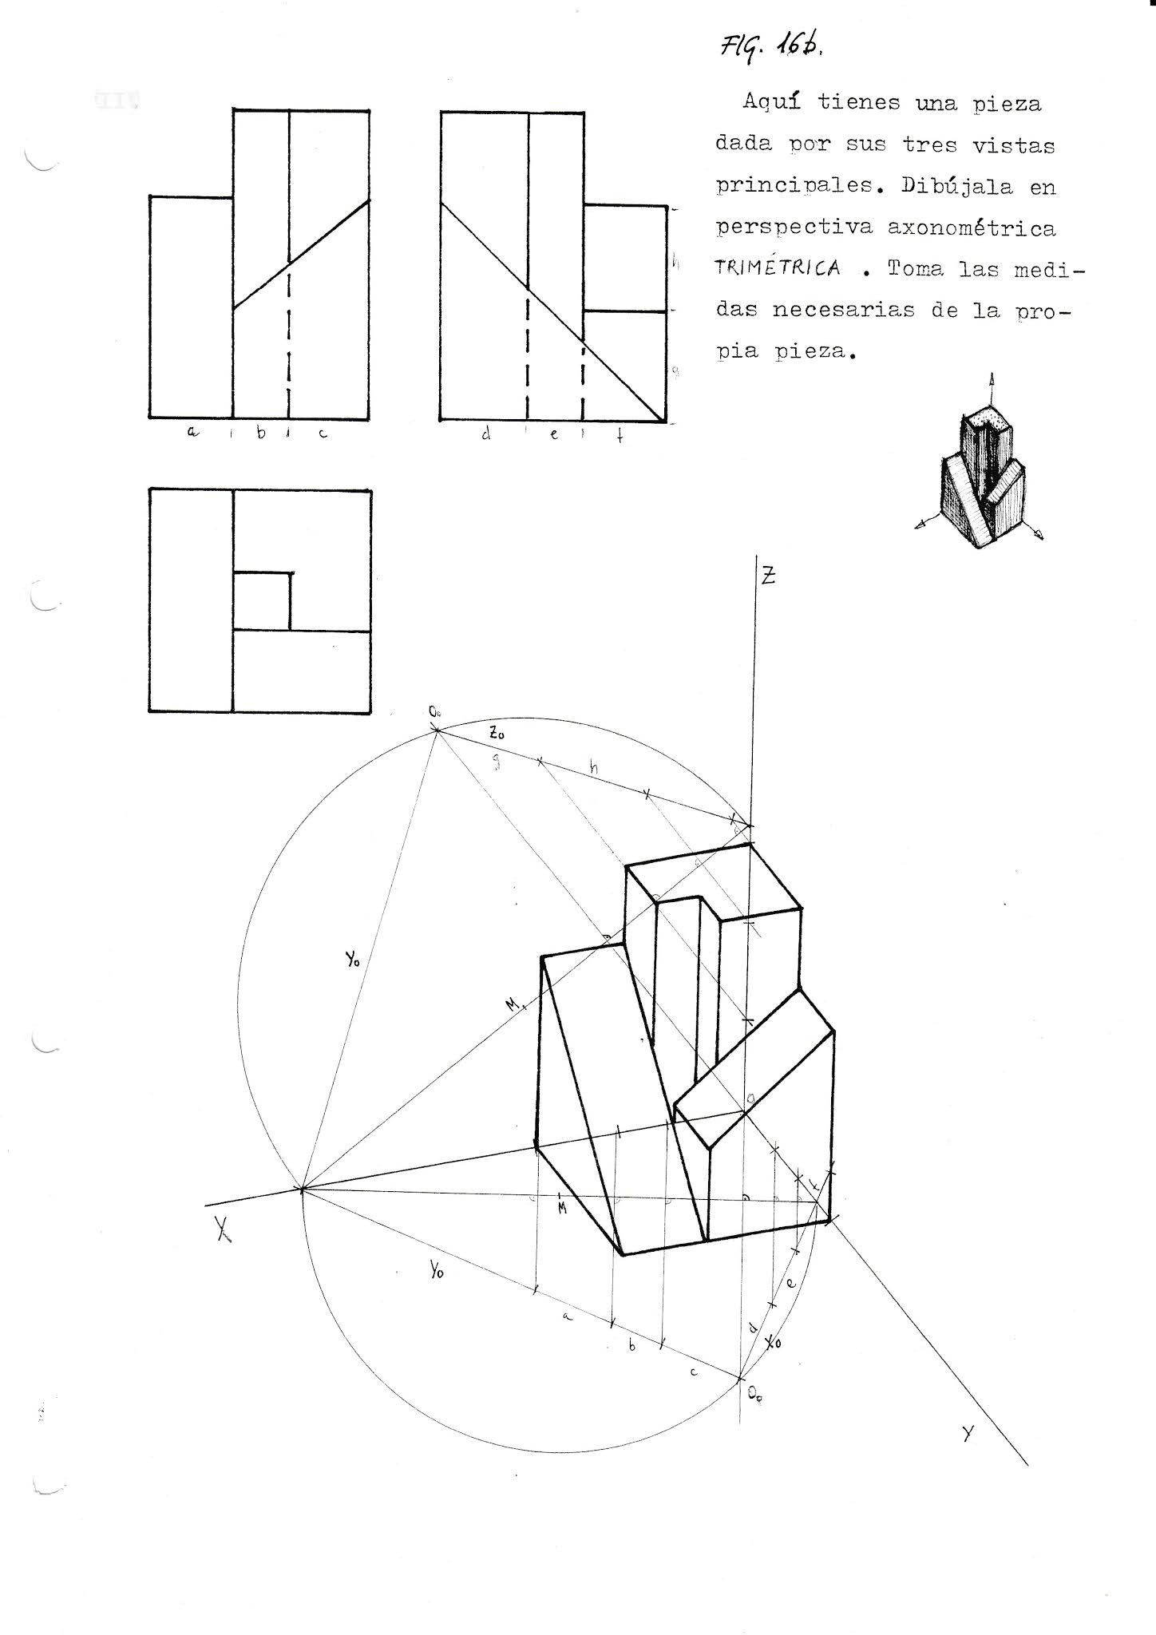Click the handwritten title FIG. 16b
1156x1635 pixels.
point(770,49)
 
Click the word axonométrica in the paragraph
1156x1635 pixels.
point(971,228)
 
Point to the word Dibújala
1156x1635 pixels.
point(957,186)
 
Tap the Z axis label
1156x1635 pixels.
point(767,576)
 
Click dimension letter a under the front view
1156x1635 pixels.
point(191,433)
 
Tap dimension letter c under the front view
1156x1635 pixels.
point(323,434)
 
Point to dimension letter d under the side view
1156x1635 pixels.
point(485,435)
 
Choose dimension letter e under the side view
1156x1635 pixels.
point(553,436)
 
